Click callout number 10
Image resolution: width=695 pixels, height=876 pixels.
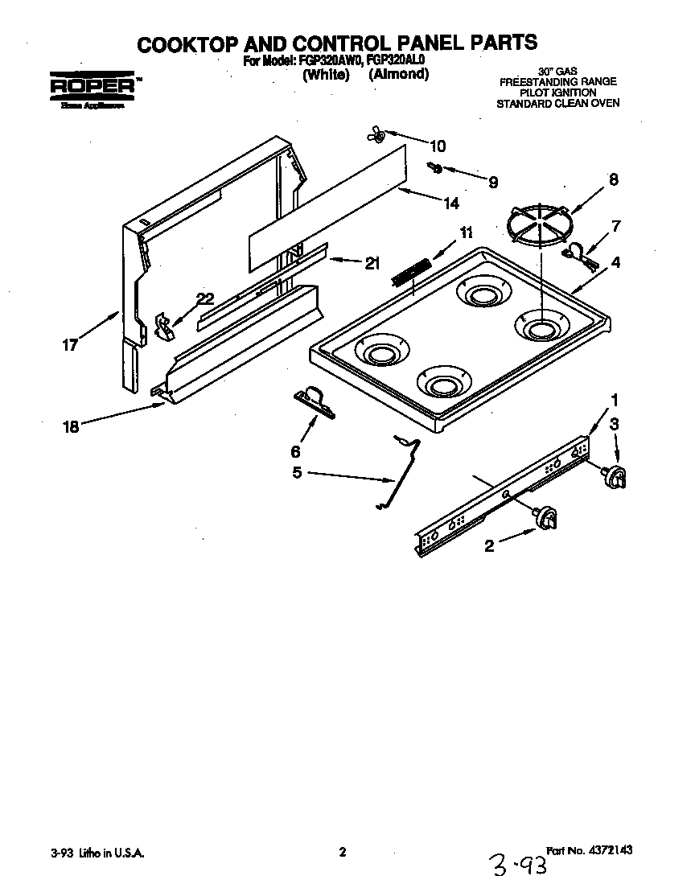click(x=437, y=146)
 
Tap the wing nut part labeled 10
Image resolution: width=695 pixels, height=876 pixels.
click(x=376, y=134)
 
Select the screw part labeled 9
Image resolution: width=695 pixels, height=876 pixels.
click(x=435, y=167)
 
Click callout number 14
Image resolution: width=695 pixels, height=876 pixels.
click(x=451, y=204)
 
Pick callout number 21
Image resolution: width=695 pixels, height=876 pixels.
click(x=372, y=263)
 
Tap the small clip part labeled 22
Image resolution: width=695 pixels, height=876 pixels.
click(x=165, y=326)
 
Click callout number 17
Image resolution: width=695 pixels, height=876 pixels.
click(x=70, y=345)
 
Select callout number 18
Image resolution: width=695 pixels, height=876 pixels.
click(x=71, y=426)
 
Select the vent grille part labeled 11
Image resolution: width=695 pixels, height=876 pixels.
click(x=412, y=271)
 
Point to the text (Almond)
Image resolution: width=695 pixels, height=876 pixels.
click(x=398, y=74)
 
